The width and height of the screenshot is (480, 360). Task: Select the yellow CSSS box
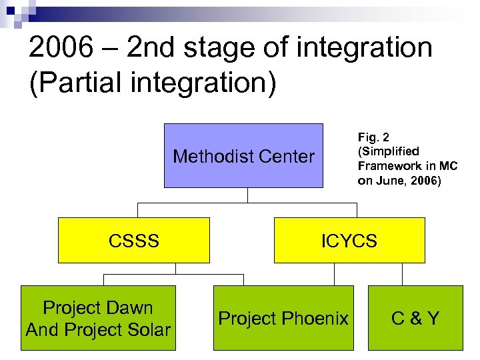click(x=133, y=240)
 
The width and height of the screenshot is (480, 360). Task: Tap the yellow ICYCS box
click(x=349, y=240)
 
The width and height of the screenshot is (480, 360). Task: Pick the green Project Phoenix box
click(x=283, y=319)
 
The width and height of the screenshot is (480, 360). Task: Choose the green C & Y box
click(x=415, y=319)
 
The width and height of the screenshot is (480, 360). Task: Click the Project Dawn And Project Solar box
click(x=98, y=319)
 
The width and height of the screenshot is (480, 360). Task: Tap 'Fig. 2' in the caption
click(x=372, y=138)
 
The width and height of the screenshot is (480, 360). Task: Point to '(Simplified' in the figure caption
click(x=389, y=152)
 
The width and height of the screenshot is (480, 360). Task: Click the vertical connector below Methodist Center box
click(x=247, y=195)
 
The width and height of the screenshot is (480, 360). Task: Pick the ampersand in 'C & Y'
click(x=415, y=319)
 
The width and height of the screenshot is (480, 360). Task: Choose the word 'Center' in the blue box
click(x=286, y=157)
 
